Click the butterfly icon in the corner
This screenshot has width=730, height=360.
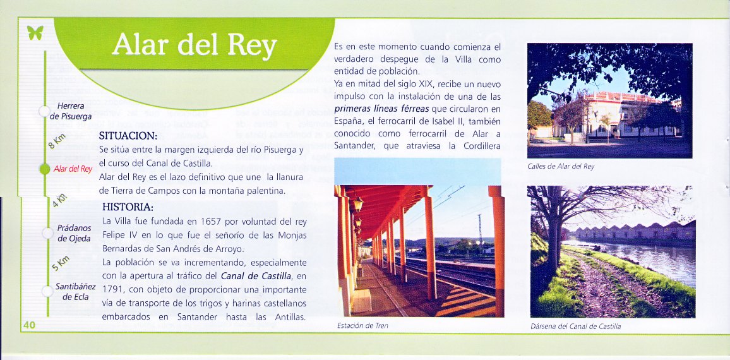[x=35, y=32]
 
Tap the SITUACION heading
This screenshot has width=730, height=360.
[x=128, y=136]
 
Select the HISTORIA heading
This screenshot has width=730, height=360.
[x=128, y=207]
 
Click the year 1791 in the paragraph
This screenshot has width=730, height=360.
[x=112, y=290]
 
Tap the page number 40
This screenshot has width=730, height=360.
[x=29, y=325]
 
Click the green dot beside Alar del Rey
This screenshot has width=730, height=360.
[x=45, y=169]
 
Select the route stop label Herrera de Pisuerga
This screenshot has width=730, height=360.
[x=71, y=111]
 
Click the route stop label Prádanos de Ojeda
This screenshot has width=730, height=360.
[x=73, y=233]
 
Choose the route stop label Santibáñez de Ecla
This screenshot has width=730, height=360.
[x=75, y=292]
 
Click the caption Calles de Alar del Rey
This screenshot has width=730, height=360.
[x=561, y=166]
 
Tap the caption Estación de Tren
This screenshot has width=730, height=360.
[x=362, y=326]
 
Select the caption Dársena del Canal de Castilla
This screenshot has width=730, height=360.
[x=575, y=327]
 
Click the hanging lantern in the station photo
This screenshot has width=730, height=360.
[x=357, y=203]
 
